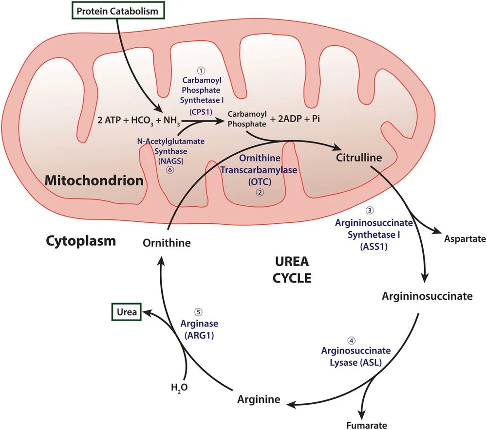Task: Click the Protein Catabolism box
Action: (118, 11)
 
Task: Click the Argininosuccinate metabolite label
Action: (427, 296)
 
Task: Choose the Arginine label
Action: (259, 399)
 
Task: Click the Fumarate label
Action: (367, 425)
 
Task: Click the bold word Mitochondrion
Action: (94, 181)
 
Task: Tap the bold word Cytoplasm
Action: (81, 240)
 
